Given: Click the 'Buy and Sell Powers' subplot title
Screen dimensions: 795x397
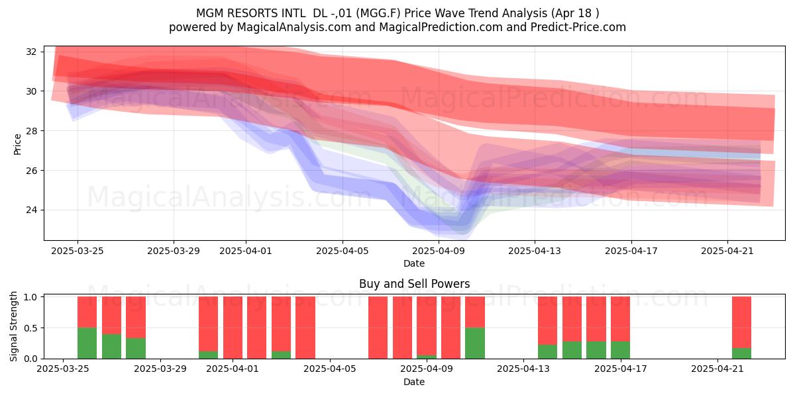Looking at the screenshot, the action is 414,284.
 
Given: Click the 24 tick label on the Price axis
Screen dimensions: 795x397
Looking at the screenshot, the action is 31,210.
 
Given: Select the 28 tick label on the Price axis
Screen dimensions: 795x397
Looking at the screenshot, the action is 31,131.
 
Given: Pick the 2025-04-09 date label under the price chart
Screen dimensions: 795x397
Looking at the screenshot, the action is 439,251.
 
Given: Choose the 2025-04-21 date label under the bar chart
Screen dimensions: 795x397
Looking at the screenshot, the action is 717,369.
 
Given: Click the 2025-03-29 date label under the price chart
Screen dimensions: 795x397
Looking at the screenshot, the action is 174,251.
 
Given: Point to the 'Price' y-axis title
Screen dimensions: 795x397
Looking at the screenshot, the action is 17,144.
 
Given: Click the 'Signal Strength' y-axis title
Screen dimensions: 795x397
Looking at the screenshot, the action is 13,327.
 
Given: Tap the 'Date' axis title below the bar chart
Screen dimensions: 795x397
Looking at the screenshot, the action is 414,382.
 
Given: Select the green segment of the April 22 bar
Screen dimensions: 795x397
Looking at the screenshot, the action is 741,353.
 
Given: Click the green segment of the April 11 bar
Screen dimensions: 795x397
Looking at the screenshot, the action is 475,343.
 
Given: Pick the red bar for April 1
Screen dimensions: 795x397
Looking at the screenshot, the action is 233,328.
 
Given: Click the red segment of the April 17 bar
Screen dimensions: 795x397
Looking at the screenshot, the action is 620,319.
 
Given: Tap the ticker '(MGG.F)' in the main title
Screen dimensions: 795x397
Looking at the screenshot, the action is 378,13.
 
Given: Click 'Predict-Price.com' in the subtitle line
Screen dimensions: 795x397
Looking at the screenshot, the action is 578,27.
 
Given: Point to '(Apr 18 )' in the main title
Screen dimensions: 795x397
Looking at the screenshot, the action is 575,13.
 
